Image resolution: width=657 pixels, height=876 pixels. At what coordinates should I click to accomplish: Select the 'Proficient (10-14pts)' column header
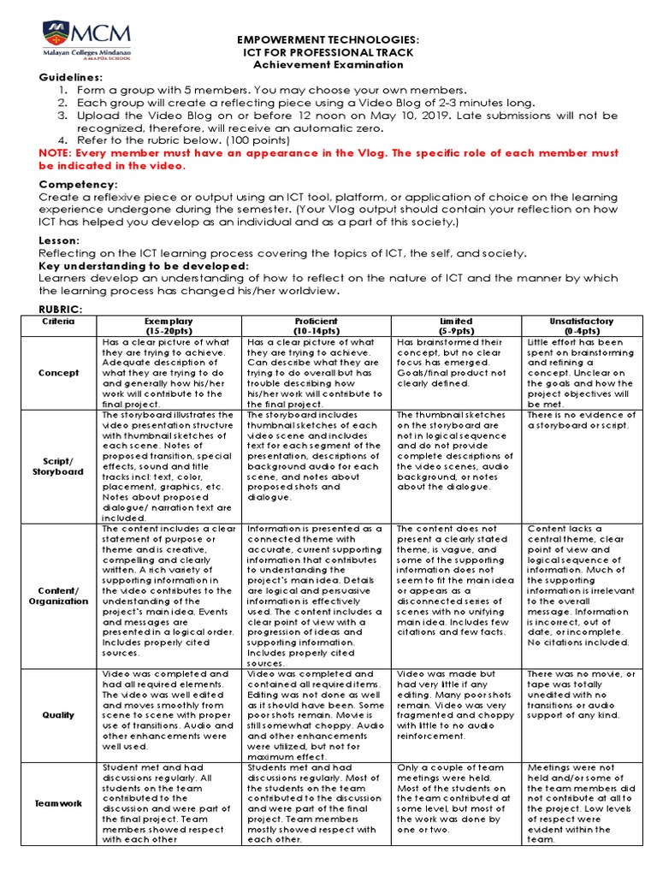click(x=316, y=325)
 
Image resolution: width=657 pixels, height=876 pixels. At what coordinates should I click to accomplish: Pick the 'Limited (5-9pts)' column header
click(x=456, y=325)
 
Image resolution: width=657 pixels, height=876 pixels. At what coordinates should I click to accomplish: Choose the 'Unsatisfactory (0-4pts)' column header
click(x=581, y=325)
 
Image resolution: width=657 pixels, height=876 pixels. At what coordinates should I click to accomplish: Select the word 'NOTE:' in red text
click(x=56, y=152)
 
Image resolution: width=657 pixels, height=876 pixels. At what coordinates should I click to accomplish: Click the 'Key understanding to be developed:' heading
click(x=144, y=266)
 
